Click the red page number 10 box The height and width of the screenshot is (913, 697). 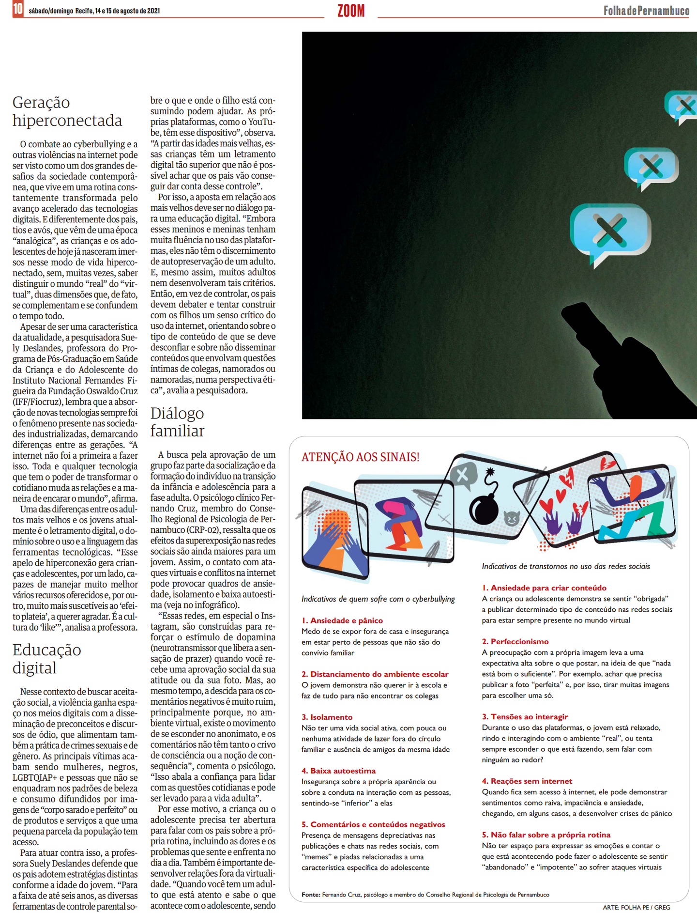click(18, 9)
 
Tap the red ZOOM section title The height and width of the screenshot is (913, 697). click(351, 11)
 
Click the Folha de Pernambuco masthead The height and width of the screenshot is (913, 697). click(646, 11)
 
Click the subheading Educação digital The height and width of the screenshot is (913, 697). click(47, 659)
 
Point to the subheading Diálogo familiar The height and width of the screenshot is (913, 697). click(177, 422)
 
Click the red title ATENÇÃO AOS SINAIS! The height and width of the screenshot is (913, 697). click(360, 457)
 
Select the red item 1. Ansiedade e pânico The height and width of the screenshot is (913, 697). click(342, 620)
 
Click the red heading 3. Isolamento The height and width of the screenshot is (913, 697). click(327, 717)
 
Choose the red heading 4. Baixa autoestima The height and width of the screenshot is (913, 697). click(338, 771)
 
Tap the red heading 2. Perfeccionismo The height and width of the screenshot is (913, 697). click(515, 641)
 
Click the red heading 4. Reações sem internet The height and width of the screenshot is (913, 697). click(527, 781)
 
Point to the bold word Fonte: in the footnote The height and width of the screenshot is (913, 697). click(311, 895)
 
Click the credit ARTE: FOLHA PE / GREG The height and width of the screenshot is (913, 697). click(636, 907)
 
